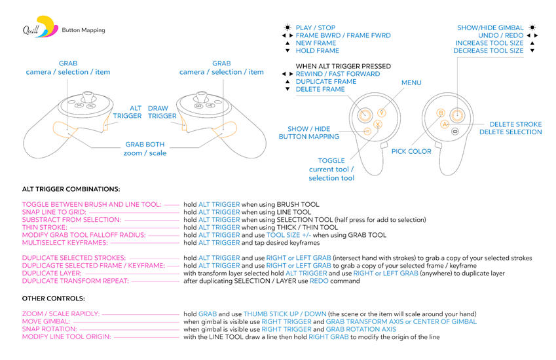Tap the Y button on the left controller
[382, 113]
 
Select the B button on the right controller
[441, 113]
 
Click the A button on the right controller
[444, 124]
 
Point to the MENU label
[411, 83]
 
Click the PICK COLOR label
[411, 151]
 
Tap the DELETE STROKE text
[515, 124]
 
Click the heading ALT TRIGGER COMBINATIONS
[71, 189]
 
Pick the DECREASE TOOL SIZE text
[489, 51]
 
